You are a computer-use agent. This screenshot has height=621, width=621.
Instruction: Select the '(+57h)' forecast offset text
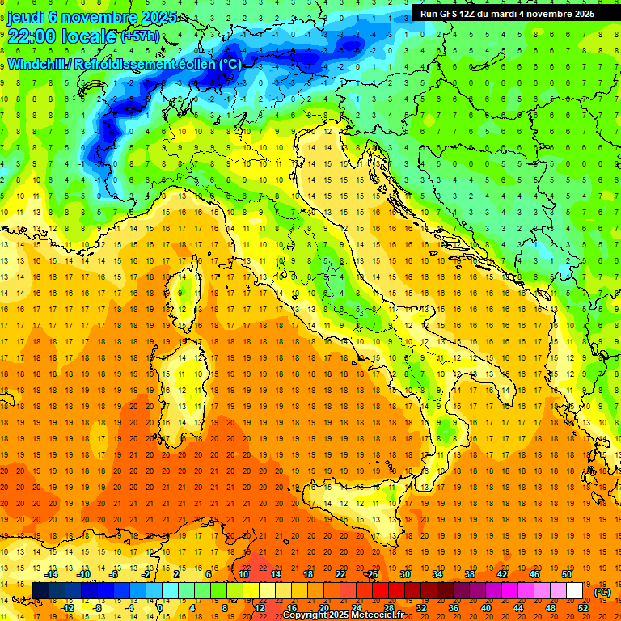[x=141, y=36]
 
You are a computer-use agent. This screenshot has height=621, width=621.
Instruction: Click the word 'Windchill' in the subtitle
[x=36, y=64]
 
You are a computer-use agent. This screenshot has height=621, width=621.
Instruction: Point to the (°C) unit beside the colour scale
[x=602, y=592]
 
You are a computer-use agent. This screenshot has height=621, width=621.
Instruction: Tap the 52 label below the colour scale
[x=583, y=608]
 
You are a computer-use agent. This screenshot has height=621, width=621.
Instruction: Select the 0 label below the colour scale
[x=160, y=608]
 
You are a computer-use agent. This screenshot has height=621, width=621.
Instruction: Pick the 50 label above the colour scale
[x=567, y=574]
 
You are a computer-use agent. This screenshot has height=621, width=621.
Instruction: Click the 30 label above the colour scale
[x=404, y=574]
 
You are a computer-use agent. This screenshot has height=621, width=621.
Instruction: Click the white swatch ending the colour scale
[x=575, y=591]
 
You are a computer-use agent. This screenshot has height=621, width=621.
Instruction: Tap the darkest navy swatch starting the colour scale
[x=40, y=591]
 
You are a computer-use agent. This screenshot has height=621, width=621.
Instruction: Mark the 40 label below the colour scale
[x=486, y=608]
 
